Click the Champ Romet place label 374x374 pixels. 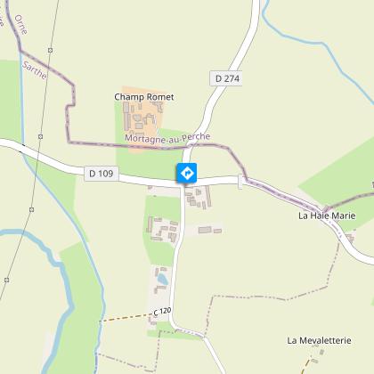144,96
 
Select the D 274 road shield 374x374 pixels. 227,78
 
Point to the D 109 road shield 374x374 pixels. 103,172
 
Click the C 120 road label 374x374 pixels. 160,311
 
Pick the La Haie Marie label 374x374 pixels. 327,215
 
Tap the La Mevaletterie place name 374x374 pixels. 320,340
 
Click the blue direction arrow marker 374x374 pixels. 187,173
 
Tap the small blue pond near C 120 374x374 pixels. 162,280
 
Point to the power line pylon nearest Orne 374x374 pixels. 52,49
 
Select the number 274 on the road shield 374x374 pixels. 232,78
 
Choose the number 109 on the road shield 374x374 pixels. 108,172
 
